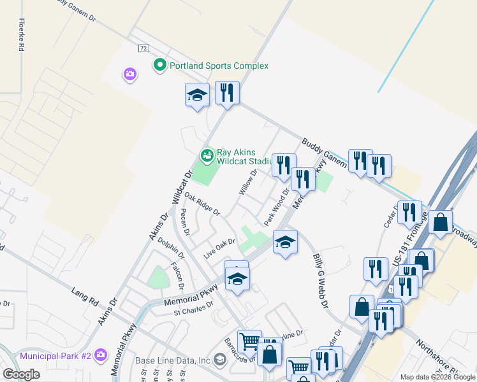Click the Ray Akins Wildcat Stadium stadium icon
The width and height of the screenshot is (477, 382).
[207, 155]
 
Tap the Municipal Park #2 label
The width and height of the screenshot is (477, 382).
[63, 355]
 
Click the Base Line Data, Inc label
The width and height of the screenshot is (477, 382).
[173, 360]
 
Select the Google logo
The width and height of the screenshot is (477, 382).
[21, 374]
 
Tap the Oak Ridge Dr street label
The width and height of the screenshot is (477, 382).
[202, 204]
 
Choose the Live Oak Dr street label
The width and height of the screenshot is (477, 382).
[219, 248]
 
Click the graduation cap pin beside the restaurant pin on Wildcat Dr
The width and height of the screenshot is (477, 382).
[197, 95]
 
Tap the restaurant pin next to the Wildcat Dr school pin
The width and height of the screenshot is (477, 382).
[227, 93]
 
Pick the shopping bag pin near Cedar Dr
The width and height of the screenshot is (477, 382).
[440, 223]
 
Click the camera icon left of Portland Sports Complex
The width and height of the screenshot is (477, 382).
[129, 75]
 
